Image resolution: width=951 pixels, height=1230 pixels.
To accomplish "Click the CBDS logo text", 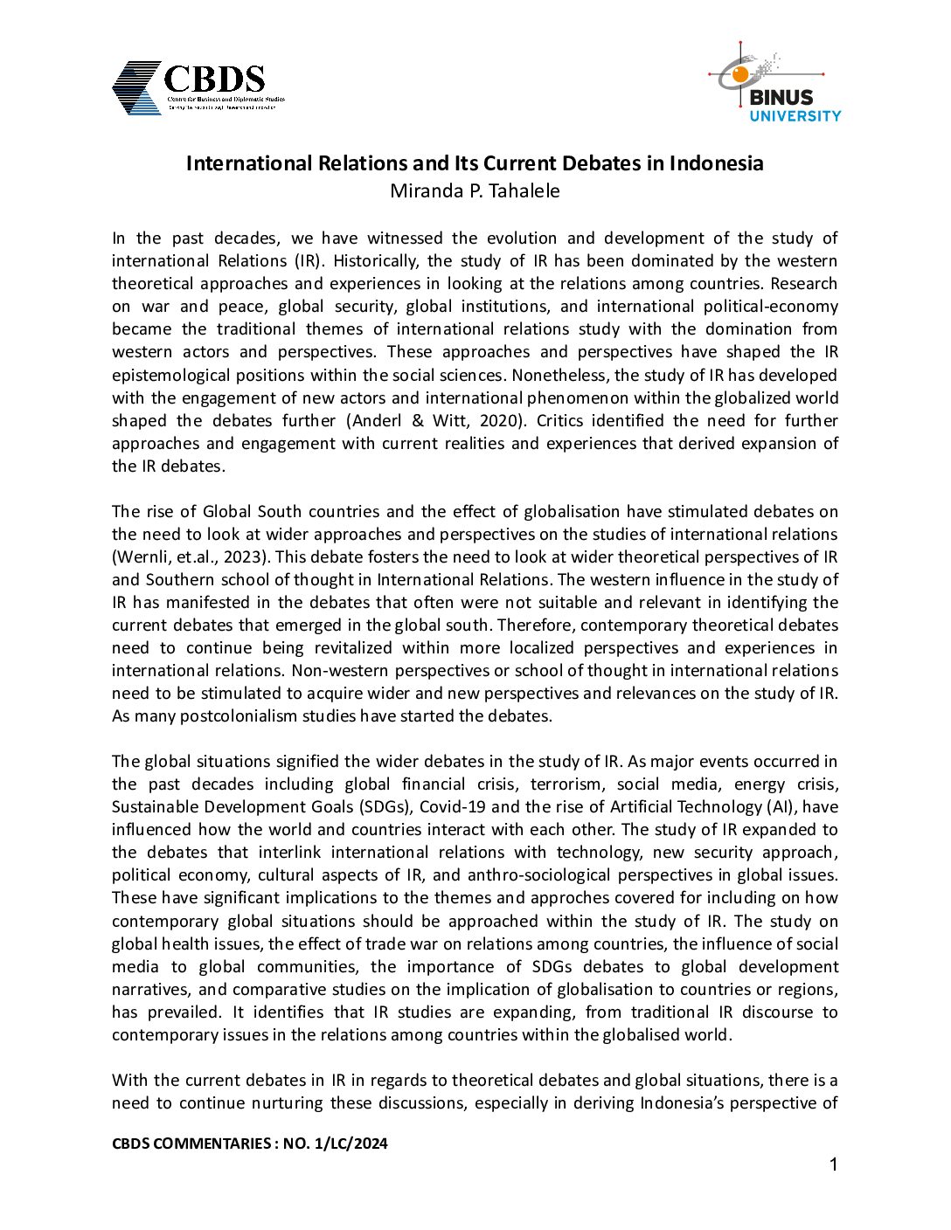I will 214,79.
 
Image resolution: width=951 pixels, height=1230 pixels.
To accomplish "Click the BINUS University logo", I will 775,84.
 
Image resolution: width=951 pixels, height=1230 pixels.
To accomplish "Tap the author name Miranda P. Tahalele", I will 475,191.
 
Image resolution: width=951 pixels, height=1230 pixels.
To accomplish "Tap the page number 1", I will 833,1164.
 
